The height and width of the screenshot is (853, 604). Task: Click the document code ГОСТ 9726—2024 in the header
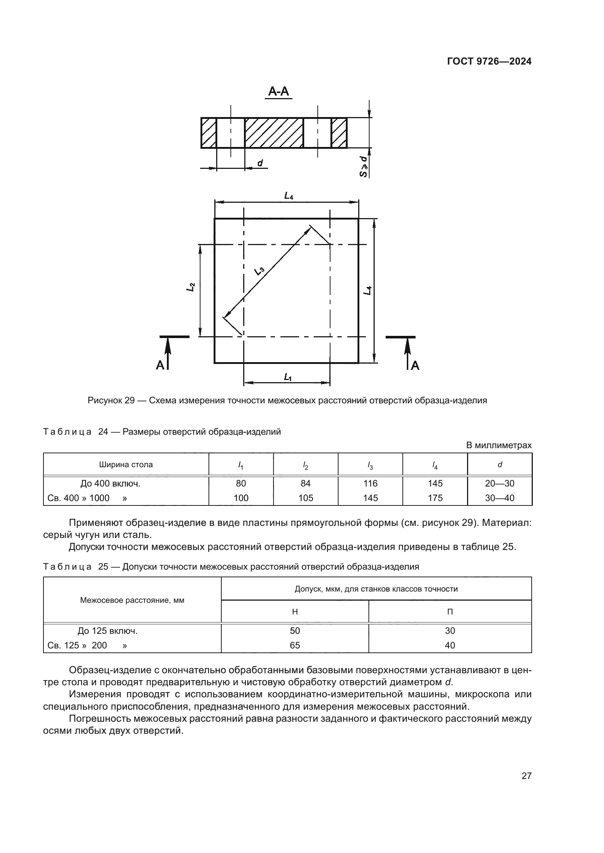point(489,62)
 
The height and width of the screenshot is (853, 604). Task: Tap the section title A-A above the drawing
point(279,92)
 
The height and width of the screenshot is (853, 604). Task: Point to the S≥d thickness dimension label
point(364,166)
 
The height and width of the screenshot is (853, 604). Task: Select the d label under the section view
point(260,163)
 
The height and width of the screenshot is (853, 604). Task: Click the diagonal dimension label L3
point(259,271)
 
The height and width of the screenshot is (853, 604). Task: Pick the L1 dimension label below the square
point(287,377)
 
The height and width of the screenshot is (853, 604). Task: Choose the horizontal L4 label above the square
point(288,196)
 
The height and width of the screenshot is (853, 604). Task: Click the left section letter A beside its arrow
point(160,365)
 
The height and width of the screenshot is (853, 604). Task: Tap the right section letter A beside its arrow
point(415,365)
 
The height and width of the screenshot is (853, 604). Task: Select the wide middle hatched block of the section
point(274,133)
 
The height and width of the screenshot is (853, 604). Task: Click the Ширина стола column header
point(126,464)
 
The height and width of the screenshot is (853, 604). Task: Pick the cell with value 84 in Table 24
point(305,483)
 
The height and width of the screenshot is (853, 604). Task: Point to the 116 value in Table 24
point(370,483)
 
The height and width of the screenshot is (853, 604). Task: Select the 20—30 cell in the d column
point(500,483)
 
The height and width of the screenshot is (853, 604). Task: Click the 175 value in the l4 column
point(435,498)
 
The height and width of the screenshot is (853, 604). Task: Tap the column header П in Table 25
point(450,612)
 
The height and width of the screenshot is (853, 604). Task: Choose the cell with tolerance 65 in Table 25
point(295,645)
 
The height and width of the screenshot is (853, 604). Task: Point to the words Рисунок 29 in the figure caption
point(111,400)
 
